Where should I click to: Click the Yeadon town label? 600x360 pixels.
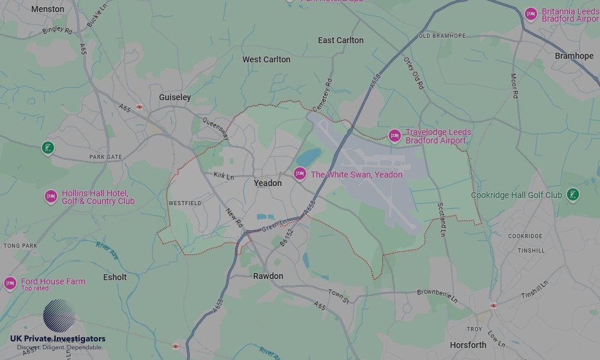pos(268,183)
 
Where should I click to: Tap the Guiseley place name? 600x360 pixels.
pos(175,97)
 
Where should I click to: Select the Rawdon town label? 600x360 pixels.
pos(268,276)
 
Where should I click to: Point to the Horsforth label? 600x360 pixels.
pos(468,345)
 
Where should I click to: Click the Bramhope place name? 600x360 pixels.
pos(574,56)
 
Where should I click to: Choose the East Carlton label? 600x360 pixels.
pos(340,40)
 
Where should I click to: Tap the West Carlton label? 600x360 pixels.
pos(266,59)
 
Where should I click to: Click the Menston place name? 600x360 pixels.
pos(47,9)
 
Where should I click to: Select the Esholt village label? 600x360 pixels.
pos(115,277)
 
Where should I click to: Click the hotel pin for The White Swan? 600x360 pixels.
pos(300,174)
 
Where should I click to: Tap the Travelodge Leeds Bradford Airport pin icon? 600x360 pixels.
pos(394,136)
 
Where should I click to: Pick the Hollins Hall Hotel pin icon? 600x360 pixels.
pos(51,197)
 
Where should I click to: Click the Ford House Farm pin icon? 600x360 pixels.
pos(10,283)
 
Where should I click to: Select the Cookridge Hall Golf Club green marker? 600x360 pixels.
pos(573,194)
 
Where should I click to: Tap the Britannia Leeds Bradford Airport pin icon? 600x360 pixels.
pos(530,14)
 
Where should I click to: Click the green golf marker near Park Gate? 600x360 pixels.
pos(48,148)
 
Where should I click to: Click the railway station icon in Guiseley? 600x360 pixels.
pos(139,107)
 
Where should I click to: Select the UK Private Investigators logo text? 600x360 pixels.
pos(58,339)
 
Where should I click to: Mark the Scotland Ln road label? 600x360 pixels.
pos(442,218)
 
